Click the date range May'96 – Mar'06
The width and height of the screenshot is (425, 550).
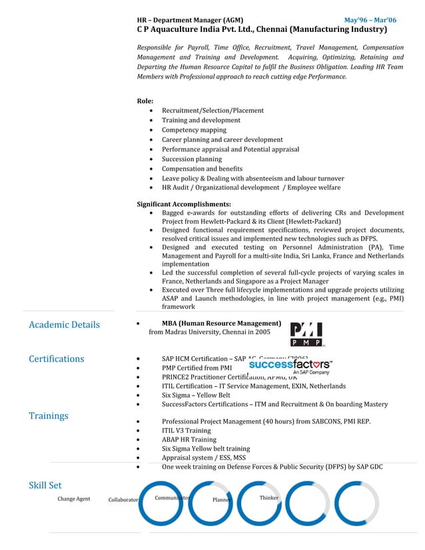370,21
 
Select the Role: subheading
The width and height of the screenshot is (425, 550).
145,101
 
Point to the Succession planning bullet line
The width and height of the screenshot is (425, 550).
192,159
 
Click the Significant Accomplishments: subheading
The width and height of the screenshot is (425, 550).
184,204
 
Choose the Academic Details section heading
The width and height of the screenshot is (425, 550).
64,325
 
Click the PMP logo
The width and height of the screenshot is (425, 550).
306,334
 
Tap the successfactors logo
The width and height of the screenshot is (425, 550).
290,367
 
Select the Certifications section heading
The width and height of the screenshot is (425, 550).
57,359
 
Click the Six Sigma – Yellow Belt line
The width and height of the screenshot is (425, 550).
196,395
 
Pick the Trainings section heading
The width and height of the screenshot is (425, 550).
48,415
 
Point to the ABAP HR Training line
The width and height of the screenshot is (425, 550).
189,439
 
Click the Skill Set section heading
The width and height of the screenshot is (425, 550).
45,485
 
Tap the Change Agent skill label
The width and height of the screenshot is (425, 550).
74,499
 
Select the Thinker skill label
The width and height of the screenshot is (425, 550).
269,498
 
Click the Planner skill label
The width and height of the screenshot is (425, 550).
222,499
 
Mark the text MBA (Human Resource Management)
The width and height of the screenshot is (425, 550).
221,324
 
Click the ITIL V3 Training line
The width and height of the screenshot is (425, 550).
187,430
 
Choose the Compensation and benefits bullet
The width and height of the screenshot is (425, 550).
202,169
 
